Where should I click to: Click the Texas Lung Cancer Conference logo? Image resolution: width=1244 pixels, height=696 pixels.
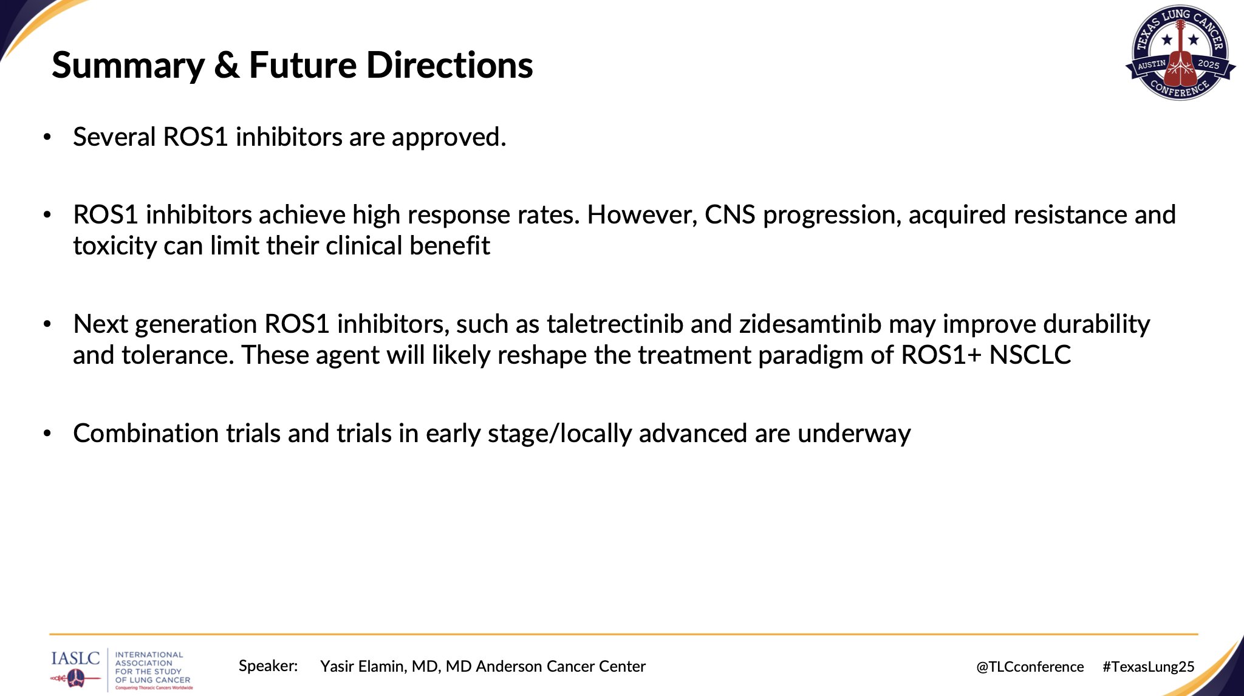(x=1180, y=52)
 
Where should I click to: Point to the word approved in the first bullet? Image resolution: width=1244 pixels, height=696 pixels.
(x=449, y=137)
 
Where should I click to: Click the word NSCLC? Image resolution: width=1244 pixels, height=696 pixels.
(x=1030, y=355)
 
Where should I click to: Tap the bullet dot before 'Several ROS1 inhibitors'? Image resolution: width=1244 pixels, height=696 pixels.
(x=47, y=137)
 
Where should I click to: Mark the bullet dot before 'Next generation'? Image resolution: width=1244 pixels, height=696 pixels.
(x=47, y=324)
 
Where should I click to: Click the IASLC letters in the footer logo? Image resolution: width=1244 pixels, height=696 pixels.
(x=75, y=658)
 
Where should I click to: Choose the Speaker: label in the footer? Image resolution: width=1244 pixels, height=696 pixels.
(x=268, y=666)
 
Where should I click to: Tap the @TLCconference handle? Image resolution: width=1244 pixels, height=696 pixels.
(x=1030, y=667)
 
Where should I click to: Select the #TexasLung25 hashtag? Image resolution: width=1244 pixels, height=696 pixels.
(x=1149, y=667)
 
